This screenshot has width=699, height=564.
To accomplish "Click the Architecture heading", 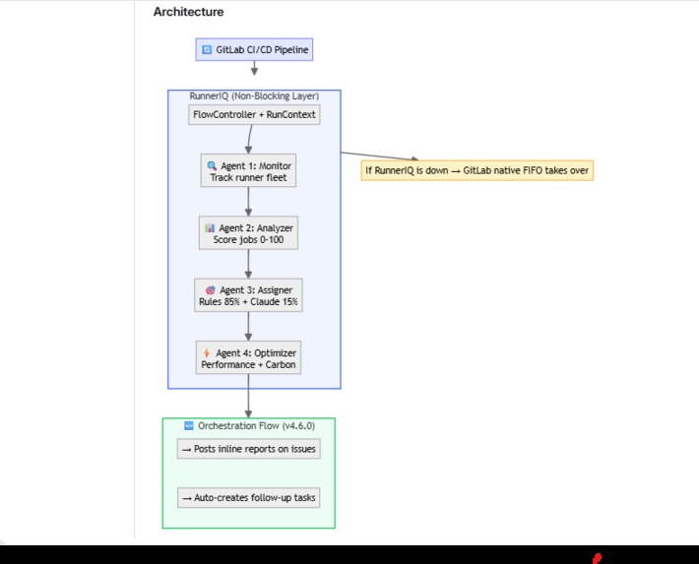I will click(x=188, y=12).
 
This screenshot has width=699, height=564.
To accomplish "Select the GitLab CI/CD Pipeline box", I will click(x=254, y=49).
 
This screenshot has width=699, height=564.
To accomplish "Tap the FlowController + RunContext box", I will click(x=254, y=115).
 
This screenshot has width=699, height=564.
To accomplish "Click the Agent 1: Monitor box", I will click(x=248, y=171).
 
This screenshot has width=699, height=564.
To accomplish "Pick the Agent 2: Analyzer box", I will click(x=248, y=233).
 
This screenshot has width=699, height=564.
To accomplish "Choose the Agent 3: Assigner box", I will click(x=248, y=296).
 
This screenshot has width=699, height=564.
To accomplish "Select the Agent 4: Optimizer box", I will click(x=248, y=358).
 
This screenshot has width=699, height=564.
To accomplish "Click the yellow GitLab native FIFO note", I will click(x=477, y=170).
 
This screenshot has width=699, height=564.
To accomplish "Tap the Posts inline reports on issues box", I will click(x=248, y=449).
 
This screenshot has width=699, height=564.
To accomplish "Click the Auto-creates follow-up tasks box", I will click(x=248, y=498).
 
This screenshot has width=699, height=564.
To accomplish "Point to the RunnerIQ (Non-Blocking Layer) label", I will click(x=254, y=96).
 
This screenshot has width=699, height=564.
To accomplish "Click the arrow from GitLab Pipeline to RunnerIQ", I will click(x=254, y=68).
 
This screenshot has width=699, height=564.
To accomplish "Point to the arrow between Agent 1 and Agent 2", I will click(x=248, y=202).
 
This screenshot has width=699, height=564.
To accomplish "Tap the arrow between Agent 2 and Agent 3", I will click(x=248, y=264).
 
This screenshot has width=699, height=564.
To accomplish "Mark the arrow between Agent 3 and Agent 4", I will click(x=248, y=327).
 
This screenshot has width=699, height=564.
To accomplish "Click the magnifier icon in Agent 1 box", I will click(x=212, y=165).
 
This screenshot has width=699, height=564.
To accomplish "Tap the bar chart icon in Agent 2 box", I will click(x=210, y=227).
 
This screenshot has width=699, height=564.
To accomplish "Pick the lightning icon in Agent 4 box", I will click(x=207, y=352).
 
